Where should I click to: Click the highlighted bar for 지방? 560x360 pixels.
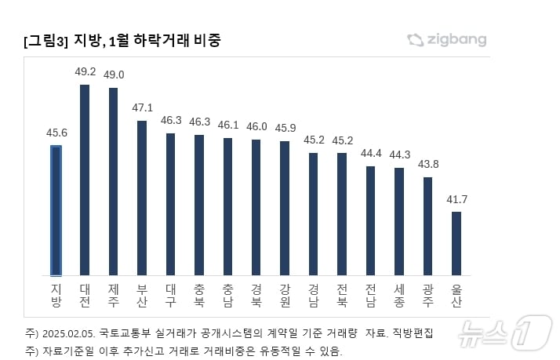[56, 209]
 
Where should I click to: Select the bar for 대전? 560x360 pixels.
[85, 180]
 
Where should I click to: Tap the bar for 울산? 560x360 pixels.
[456, 243]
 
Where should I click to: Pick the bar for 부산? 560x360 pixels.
[142, 198]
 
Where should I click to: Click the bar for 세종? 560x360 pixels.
[399, 221]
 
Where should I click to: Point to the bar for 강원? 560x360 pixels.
[285, 208]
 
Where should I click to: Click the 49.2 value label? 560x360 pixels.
[85, 71]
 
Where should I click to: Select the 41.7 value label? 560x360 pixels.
[456, 199]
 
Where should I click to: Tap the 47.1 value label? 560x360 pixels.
[142, 107]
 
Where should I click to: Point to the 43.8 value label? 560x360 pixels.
[428, 164]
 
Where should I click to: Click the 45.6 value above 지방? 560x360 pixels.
[56, 133]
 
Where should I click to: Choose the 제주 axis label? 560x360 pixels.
[113, 295]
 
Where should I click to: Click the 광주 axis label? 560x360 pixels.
[428, 295]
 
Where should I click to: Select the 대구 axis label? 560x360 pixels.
[170, 295]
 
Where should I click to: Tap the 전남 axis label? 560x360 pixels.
[371, 295]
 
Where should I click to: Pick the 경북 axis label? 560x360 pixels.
[256, 295]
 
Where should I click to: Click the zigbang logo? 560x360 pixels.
[447, 39]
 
